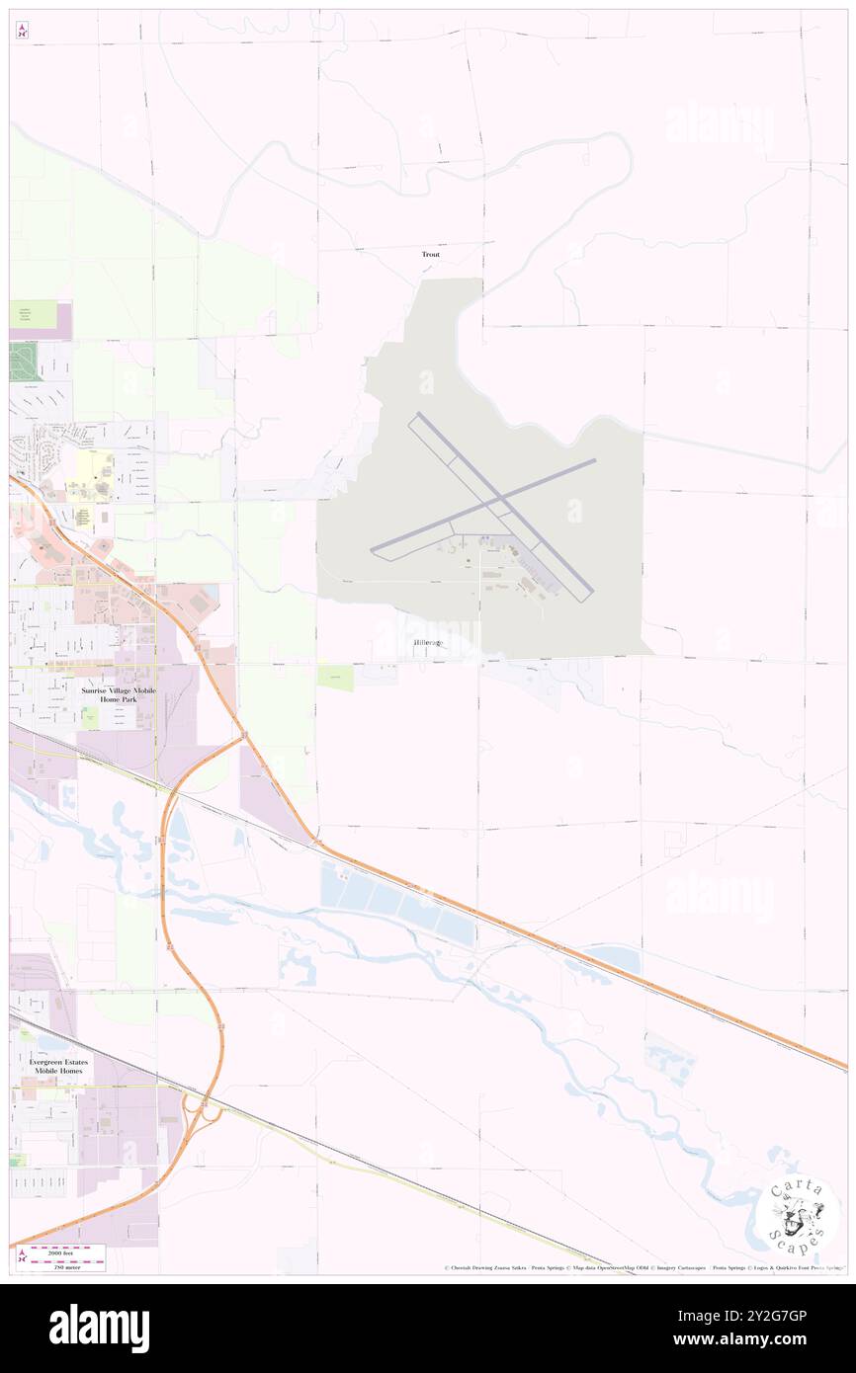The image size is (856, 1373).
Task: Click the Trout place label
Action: pos(430,255)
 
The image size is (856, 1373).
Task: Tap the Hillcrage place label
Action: pos(429,643)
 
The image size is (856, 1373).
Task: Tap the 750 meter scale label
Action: pos(65,1265)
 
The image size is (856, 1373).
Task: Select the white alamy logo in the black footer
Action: pos(99,1329)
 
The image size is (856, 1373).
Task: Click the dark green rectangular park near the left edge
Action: pos(23,361)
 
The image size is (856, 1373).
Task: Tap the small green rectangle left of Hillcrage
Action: pos(335,677)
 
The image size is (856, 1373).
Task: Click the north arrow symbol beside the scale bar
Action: pos(22,1256)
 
